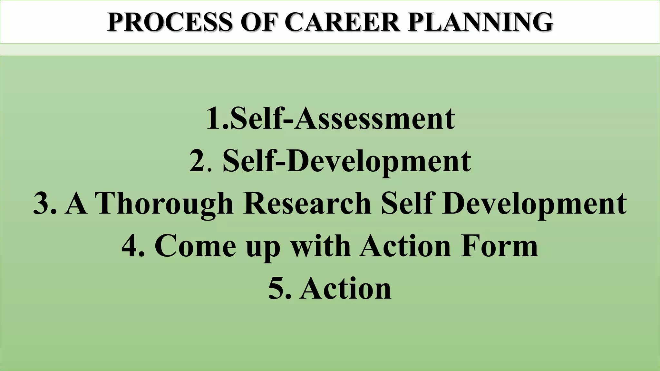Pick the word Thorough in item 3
point(164,204)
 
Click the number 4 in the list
point(130,246)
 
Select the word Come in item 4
point(195,246)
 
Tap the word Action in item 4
point(405,246)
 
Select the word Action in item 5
point(345,289)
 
